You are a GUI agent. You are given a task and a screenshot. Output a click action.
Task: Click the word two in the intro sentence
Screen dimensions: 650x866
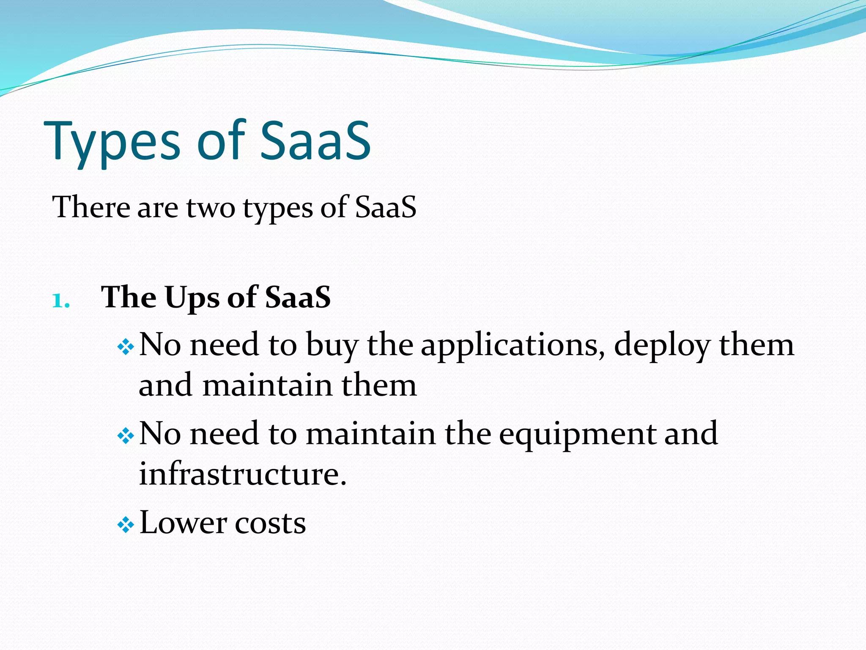coord(210,208)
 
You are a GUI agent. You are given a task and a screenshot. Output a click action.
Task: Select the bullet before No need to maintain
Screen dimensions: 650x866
coord(126,436)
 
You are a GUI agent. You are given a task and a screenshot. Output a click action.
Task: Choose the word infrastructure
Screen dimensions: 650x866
coord(242,474)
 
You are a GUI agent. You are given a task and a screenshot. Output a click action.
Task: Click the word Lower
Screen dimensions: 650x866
coord(183,523)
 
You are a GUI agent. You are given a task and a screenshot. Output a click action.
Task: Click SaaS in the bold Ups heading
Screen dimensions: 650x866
coord(298,297)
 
